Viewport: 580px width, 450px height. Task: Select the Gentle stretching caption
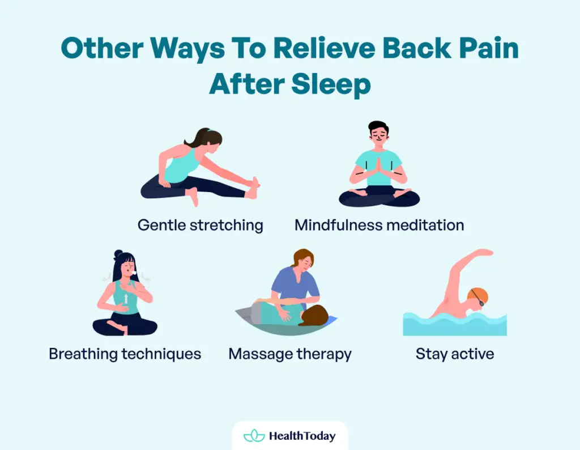201,225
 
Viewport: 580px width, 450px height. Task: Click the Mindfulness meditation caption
379,225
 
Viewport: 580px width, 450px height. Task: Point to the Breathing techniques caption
125,354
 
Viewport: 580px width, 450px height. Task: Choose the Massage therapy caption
290,354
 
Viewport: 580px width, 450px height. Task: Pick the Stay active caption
455,354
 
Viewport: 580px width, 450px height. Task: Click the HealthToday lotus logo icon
254,436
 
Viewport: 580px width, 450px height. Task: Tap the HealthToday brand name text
302,436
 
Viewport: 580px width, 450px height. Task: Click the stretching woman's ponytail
193,138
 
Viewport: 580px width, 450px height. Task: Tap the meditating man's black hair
378,126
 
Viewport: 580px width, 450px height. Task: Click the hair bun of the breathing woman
118,254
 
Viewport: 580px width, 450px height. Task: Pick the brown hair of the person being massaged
315,315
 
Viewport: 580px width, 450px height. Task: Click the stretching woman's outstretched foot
253,188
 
